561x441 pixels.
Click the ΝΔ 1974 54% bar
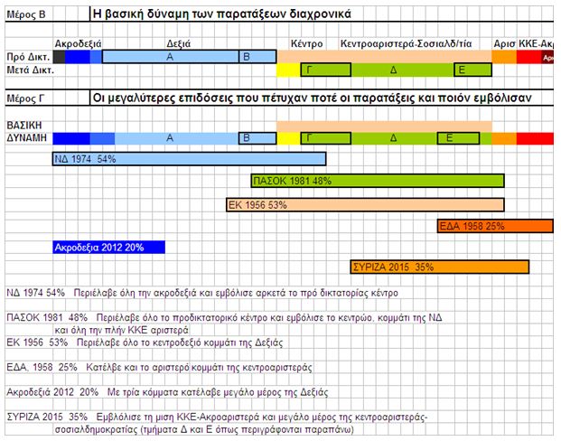coord(189,159)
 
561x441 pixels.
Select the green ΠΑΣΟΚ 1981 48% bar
coord(377,181)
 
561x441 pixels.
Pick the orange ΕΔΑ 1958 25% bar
coord(494,226)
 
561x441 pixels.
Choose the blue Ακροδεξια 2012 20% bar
coord(109,247)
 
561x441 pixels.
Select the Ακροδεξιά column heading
coord(78,43)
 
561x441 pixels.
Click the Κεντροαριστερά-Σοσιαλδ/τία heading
coord(407,43)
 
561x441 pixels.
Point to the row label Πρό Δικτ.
coord(24,56)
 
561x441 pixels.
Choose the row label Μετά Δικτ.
coord(27,70)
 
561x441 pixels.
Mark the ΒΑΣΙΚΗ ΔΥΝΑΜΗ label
coord(24,131)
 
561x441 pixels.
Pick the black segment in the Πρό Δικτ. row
coord(60,56)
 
